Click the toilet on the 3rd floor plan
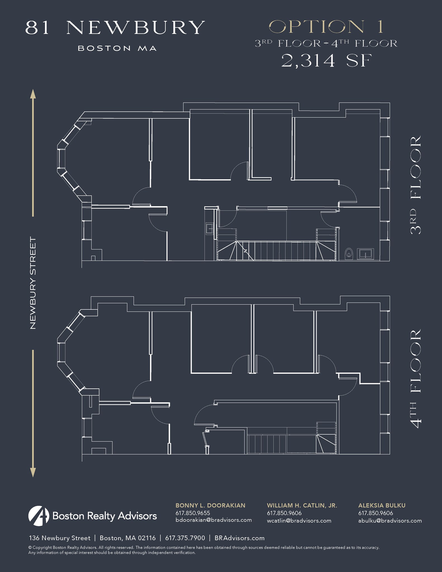349,253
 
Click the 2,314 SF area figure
327,61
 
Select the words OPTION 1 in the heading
326,27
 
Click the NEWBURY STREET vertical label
33,283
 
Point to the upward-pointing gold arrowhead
33,94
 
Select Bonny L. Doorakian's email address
213,520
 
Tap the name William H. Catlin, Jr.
302,506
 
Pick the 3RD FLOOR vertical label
415,185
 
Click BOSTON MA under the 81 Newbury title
117,48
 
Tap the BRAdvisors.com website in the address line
239,538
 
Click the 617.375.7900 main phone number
185,538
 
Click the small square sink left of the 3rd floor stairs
209,228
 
